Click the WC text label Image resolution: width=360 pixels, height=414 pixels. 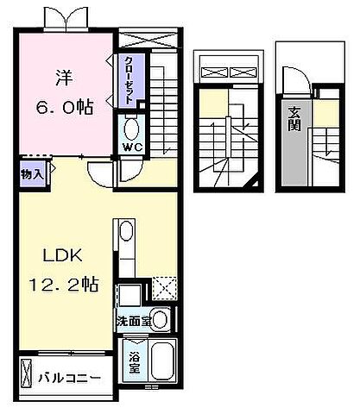point(131,147)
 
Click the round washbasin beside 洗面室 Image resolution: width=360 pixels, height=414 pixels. point(160,318)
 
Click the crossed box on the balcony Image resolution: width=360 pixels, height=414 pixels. point(26,376)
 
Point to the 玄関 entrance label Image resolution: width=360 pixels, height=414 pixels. point(295,118)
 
